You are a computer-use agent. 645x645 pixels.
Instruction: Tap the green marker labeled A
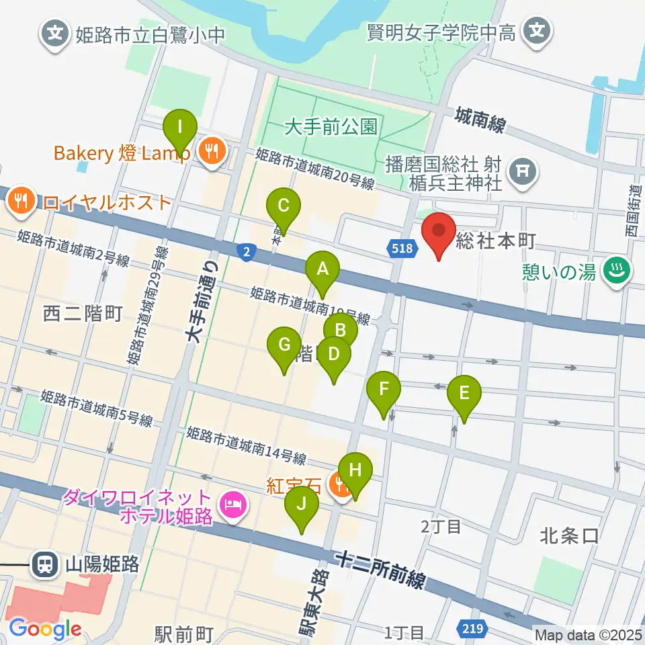coord(322,270)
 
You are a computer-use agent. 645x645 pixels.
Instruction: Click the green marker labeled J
coord(302,505)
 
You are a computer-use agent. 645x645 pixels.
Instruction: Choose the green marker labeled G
coord(284,347)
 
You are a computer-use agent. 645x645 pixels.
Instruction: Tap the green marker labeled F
coord(384,390)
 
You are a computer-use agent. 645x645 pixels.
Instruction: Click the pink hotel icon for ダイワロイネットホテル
coord(234,500)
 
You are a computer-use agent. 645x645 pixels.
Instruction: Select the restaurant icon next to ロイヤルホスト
coord(22,200)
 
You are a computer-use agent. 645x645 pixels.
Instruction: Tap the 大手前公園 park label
coord(331,126)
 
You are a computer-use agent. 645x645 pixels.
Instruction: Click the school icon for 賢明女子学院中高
coord(537,31)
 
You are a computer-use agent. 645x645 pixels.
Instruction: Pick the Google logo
coord(45,629)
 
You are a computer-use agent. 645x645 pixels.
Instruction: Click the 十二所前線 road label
coord(382,570)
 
